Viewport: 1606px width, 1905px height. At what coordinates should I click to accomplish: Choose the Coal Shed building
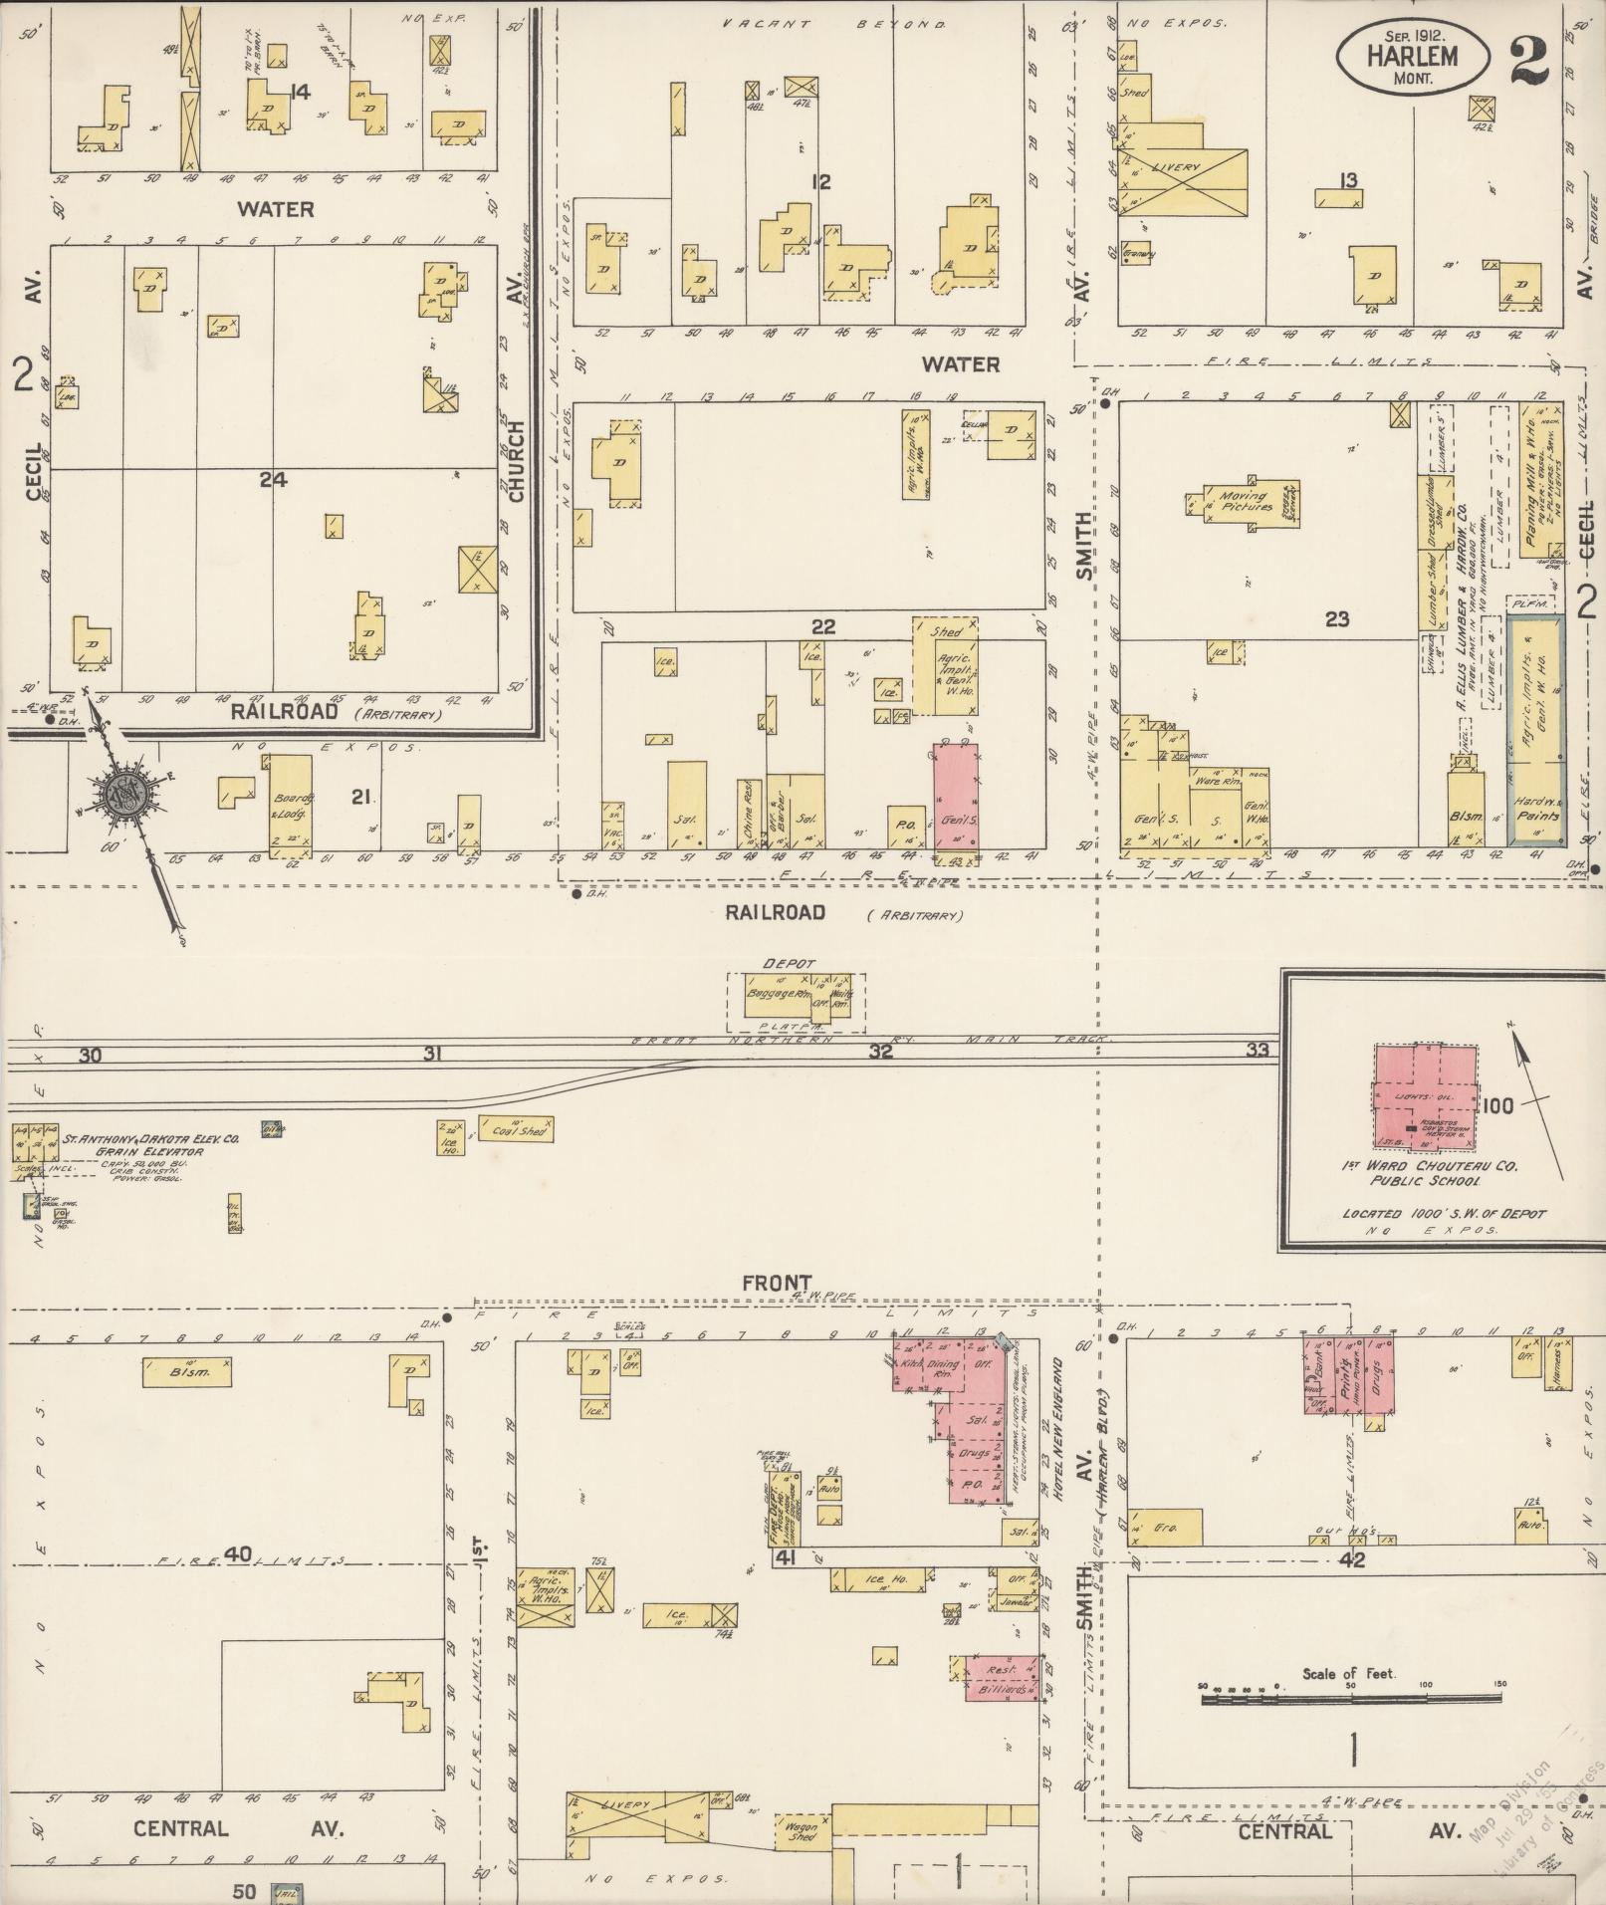point(516,1129)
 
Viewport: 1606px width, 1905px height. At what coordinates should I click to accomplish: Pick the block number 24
point(273,479)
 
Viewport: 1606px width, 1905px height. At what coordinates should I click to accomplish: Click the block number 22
point(822,626)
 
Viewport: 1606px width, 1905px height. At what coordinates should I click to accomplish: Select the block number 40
point(237,1553)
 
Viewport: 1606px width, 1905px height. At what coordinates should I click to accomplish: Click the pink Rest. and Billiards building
point(1001,1678)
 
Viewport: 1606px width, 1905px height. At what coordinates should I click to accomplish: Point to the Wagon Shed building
point(802,1831)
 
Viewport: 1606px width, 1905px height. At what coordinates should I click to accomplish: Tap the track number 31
point(431,1053)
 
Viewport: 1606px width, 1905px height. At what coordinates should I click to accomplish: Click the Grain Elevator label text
point(149,1151)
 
